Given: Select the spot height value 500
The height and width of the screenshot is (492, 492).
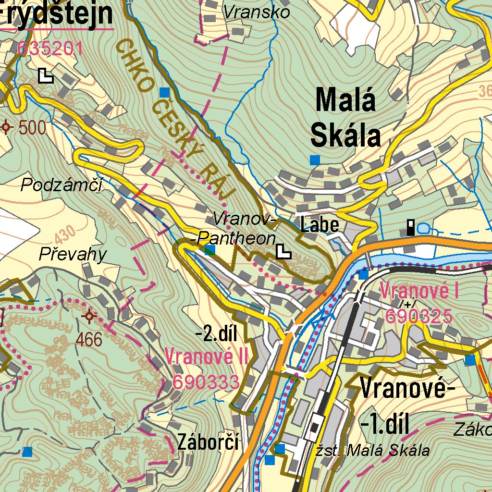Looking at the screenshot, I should (x=32, y=128).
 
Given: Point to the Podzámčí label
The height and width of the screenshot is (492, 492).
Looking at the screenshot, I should (x=62, y=184).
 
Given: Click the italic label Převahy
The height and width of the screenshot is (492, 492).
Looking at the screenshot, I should (x=73, y=254).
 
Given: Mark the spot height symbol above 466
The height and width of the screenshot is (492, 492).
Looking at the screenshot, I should (x=89, y=316).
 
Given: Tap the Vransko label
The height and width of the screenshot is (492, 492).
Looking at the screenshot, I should (x=257, y=12).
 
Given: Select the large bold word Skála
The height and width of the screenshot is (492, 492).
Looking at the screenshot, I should (x=345, y=136).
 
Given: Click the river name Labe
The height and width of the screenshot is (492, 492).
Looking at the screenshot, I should (x=320, y=225).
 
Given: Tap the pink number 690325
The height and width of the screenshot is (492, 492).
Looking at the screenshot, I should (x=419, y=316).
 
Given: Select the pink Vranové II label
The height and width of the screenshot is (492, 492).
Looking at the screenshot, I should (x=207, y=357).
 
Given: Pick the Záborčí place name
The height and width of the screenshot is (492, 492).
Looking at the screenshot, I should (x=208, y=442).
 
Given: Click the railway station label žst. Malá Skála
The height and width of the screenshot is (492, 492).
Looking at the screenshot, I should (x=373, y=451).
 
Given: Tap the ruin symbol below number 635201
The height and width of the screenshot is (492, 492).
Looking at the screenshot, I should (x=46, y=75).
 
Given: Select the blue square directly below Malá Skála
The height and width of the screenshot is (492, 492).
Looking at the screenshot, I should (x=315, y=160).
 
